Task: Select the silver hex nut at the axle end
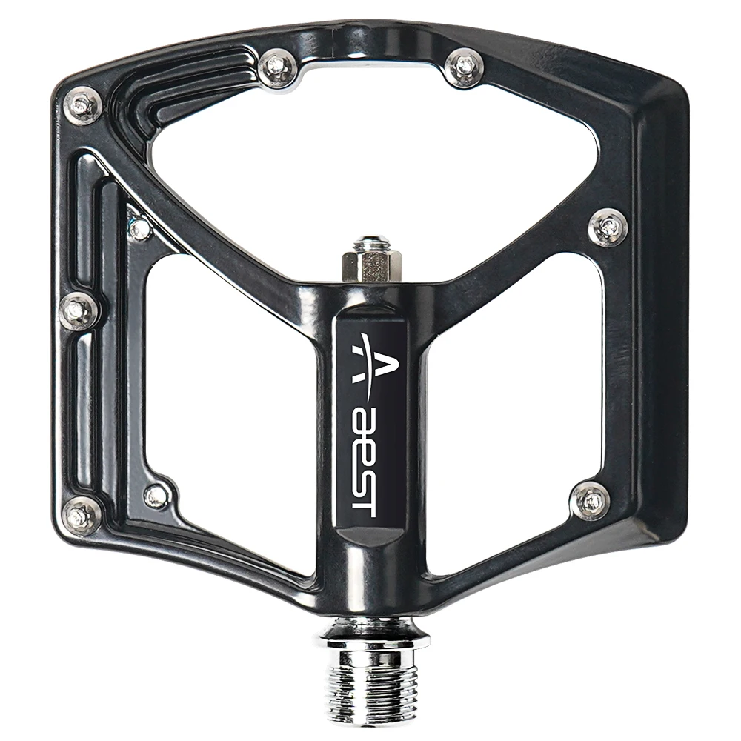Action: [371, 264]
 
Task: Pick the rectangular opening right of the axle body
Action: [511, 415]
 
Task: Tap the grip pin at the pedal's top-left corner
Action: [82, 106]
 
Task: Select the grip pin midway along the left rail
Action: [79, 311]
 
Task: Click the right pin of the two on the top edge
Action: [465, 67]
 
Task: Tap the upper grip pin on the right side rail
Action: [608, 227]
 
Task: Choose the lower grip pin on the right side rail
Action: [591, 500]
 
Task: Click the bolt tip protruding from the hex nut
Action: [370, 242]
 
